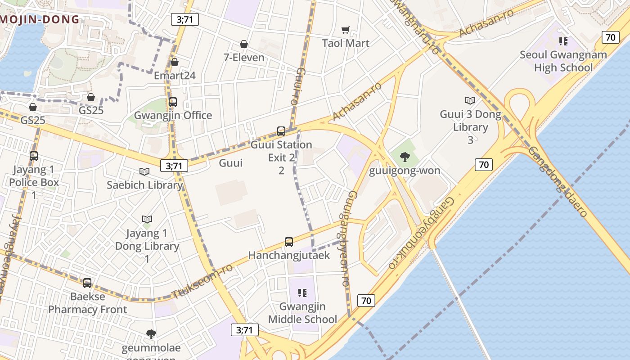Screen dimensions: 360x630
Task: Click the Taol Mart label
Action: click(346, 43)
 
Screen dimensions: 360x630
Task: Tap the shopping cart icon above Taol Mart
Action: click(346, 30)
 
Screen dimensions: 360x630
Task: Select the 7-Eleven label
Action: click(244, 58)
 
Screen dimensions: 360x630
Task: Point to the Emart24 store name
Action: click(175, 75)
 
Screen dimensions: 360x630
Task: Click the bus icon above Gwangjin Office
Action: click(173, 102)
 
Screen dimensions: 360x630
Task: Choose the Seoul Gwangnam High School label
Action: click(563, 61)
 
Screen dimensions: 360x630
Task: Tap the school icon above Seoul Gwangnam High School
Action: click(563, 42)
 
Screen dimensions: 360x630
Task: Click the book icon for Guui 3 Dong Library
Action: click(470, 100)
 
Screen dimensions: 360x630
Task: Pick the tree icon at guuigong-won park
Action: click(405, 157)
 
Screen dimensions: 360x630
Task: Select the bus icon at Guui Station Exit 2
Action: click(281, 131)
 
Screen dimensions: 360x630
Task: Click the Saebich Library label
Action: click(144, 185)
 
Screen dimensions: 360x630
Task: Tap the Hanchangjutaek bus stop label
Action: click(289, 255)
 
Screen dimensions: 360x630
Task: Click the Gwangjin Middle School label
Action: click(302, 313)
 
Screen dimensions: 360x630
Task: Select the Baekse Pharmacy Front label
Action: click(88, 303)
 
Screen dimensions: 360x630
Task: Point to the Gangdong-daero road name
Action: click(558, 182)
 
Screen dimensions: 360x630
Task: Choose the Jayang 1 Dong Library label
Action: click(147, 246)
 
